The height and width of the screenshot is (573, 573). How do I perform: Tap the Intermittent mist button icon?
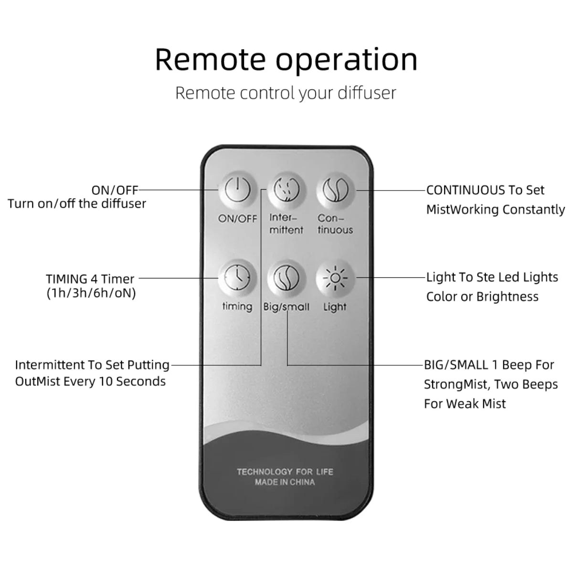[x=286, y=190]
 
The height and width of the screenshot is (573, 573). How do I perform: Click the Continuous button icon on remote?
[x=336, y=190]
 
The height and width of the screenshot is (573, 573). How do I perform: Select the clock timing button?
[x=237, y=278]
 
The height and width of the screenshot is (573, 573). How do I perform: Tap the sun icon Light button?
[x=336, y=278]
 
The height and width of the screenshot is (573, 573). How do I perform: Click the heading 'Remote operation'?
[x=286, y=59]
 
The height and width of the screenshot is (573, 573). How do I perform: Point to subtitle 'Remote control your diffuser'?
[x=286, y=93]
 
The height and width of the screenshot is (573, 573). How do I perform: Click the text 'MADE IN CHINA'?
[x=285, y=482]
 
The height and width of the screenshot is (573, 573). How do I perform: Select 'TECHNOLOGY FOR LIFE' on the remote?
[x=285, y=472]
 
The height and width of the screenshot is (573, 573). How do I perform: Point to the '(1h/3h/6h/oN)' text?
[x=91, y=293]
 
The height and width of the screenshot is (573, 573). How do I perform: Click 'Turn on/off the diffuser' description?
[x=77, y=204]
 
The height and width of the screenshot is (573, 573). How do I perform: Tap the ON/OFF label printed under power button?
[x=237, y=219]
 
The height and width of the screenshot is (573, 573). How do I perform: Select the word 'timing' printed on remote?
[x=237, y=306]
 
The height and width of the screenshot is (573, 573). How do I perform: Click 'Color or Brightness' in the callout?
[x=482, y=297]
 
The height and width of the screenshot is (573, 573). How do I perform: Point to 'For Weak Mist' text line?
[x=465, y=404]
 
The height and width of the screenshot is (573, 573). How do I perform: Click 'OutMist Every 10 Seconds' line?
[x=90, y=382]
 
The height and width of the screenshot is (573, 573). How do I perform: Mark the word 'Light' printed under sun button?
[x=335, y=307]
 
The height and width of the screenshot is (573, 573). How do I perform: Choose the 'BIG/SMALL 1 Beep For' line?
[x=489, y=365]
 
